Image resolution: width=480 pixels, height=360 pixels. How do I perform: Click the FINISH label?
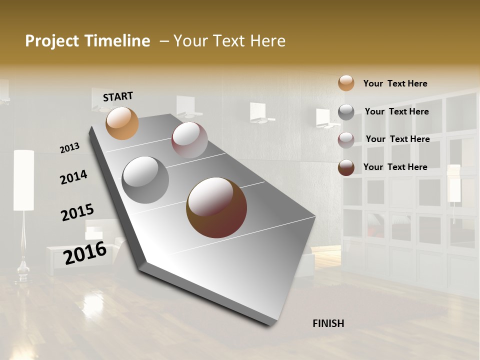(x=328, y=323)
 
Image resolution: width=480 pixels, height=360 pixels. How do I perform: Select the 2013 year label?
(x=70, y=147)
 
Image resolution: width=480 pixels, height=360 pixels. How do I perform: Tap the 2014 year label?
(x=73, y=177)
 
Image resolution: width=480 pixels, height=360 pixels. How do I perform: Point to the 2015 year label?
(x=77, y=212)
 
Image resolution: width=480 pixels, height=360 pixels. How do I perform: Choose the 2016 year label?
(x=85, y=252)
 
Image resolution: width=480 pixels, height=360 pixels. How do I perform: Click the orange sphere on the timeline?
(x=122, y=123)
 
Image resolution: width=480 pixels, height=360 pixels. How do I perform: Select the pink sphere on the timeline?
(x=189, y=140)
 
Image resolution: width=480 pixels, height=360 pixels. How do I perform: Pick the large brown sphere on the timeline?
(x=216, y=207)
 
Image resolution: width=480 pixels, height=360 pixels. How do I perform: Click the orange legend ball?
(x=346, y=83)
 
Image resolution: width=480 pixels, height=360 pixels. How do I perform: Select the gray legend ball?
(x=346, y=112)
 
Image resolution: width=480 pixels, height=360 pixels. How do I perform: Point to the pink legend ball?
(x=346, y=140)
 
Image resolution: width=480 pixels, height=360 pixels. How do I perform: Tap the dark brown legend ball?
(x=346, y=167)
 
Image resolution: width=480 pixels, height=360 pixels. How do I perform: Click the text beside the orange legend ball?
(x=395, y=83)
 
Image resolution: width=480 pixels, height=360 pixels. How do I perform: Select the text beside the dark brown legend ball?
(x=395, y=167)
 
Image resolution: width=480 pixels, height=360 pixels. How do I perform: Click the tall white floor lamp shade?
(x=23, y=180)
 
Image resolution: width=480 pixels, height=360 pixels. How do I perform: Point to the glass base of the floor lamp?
(x=23, y=272)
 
